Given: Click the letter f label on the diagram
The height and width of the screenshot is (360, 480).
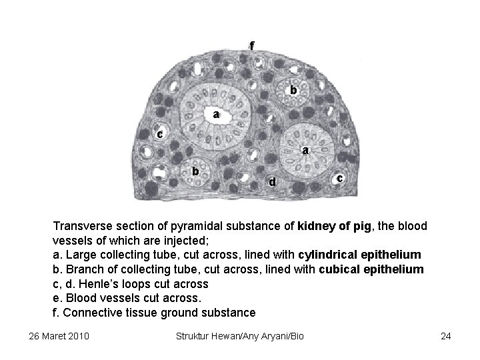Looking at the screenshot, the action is point(252,45).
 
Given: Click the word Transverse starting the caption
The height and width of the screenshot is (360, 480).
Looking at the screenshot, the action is point(81,226).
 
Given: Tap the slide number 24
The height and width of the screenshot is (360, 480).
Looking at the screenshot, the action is point(446,335).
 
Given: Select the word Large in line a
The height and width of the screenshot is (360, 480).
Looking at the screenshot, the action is point(79,255).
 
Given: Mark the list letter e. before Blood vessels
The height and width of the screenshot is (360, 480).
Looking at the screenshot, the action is point(57,298).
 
